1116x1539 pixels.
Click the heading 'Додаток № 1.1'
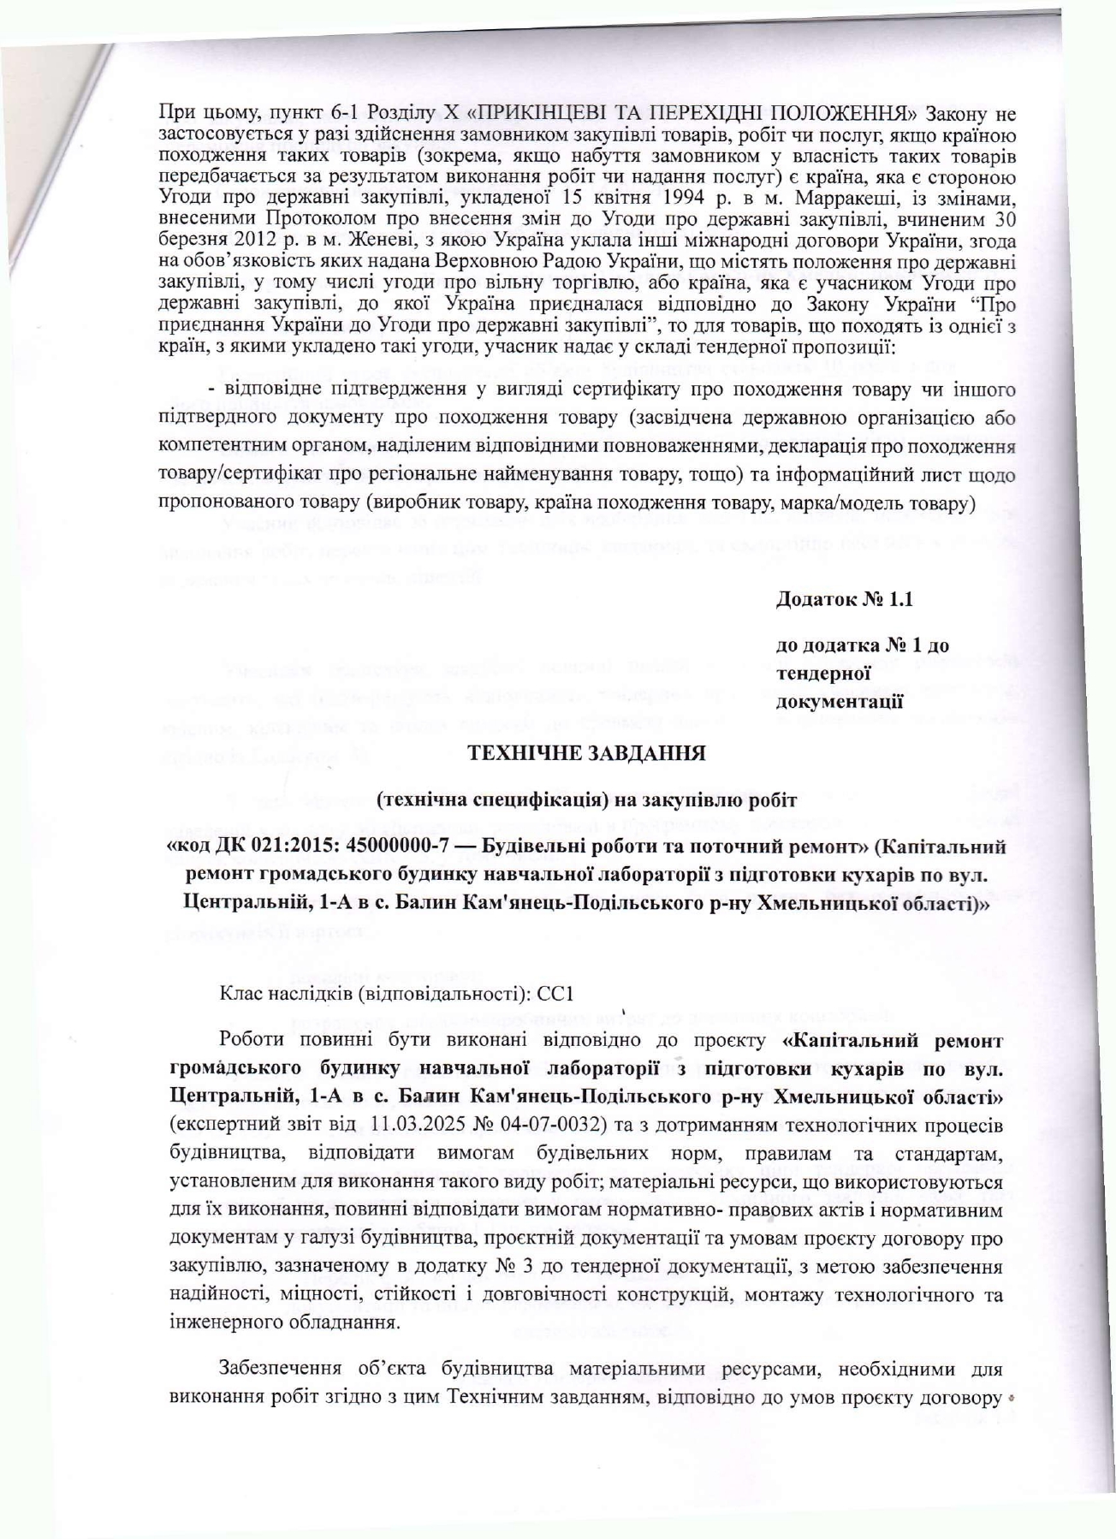coord(843,599)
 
